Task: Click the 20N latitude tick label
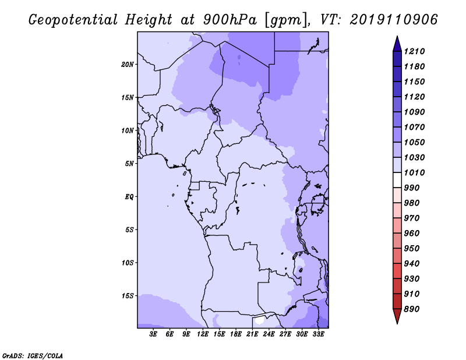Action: click(128, 65)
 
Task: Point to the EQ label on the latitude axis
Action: click(129, 197)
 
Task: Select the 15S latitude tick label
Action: click(128, 296)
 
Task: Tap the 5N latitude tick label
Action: click(129, 164)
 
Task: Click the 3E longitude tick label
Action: click(153, 334)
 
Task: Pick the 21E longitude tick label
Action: click(252, 334)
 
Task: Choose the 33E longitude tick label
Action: click(318, 334)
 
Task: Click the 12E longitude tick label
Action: click(203, 334)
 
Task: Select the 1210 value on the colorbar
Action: click(414, 51)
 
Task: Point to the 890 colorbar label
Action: click(412, 309)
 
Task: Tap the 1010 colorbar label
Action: click(414, 172)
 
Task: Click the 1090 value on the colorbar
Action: click(414, 112)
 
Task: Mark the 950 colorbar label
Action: click(412, 249)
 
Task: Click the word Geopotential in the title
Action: click(73, 20)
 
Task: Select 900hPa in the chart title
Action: click(230, 20)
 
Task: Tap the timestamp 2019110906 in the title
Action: click(394, 20)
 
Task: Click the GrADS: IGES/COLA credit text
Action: click(33, 356)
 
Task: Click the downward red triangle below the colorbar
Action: click(397, 316)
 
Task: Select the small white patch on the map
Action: click(259, 320)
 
